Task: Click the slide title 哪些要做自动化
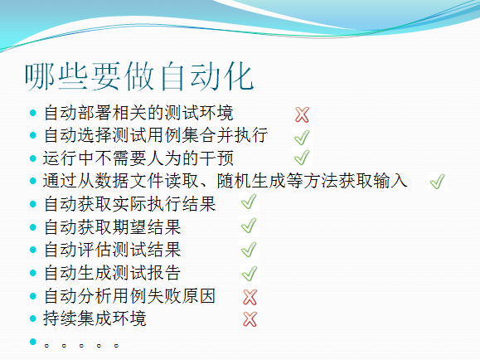(139, 76)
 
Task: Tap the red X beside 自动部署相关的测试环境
(302, 114)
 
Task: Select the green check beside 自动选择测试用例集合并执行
(302, 137)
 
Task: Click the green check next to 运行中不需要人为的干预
(302, 158)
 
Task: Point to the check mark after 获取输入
(437, 182)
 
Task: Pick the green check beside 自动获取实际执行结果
(249, 202)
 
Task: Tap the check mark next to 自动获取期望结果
(249, 226)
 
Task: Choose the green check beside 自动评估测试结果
(249, 250)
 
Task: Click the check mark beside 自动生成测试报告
(250, 273)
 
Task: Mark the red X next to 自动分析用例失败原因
(250, 297)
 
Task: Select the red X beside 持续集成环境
(250, 319)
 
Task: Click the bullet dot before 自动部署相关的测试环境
(33, 113)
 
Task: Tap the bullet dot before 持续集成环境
(33, 319)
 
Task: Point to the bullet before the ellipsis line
(33, 341)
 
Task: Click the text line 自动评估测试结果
(113, 250)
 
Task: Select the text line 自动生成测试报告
(113, 273)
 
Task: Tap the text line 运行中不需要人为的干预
(138, 158)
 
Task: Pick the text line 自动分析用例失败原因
(130, 296)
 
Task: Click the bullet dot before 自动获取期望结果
(33, 227)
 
